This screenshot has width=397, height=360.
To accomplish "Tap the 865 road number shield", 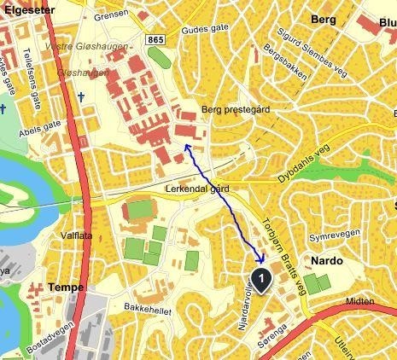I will [x=155, y=39].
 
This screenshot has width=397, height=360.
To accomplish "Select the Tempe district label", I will [x=66, y=287].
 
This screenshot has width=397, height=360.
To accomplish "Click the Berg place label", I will [x=324, y=19].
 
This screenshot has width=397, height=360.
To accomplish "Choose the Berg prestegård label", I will [x=235, y=110].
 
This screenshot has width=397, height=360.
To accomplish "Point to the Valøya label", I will [x=75, y=235].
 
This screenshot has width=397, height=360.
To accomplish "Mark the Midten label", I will [x=360, y=302].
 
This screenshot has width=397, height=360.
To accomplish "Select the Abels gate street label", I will [x=39, y=125].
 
